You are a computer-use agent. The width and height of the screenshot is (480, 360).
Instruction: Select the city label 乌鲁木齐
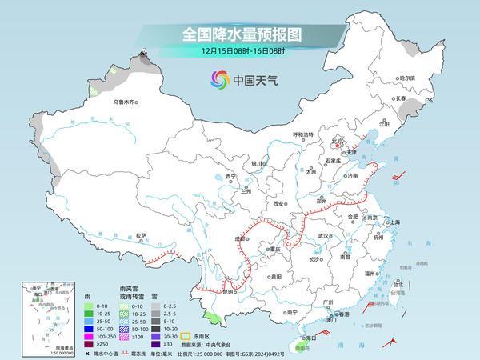(126, 102)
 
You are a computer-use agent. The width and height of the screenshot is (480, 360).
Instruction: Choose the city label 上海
(394, 222)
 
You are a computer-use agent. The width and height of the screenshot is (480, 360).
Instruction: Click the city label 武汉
(324, 236)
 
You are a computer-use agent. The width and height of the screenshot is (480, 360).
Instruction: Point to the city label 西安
(279, 204)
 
